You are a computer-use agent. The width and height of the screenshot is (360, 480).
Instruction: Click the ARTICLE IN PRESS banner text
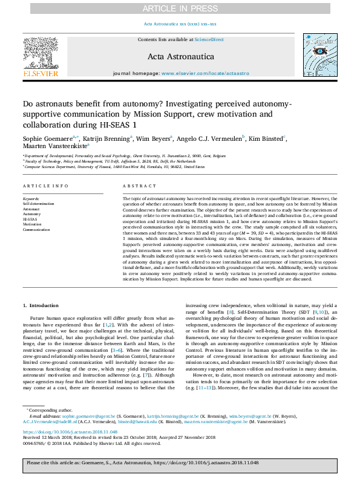coord(180,8)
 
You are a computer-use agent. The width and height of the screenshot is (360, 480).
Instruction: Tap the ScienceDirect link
coord(210,40)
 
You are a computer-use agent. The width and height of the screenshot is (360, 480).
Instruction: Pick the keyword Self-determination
coord(38,203)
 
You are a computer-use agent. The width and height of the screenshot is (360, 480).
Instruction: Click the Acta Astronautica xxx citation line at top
coord(180,23)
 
